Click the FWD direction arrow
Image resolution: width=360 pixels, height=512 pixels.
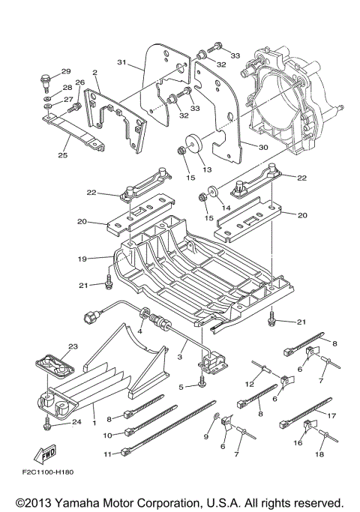click(46, 454)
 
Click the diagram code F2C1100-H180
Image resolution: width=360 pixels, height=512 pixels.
click(48, 472)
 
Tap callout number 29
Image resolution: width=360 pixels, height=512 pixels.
click(66, 71)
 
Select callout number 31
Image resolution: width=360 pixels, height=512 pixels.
click(121, 62)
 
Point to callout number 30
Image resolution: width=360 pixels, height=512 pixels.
click(263, 148)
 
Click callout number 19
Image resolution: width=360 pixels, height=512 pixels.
click(82, 259)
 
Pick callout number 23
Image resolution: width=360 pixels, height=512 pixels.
click(73, 346)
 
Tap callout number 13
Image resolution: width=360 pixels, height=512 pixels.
click(207, 169)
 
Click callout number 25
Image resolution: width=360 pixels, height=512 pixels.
click(63, 155)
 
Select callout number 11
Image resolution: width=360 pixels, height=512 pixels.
click(108, 454)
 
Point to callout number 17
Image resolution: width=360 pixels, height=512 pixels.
click(331, 416)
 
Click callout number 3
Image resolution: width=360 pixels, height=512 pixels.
click(180, 357)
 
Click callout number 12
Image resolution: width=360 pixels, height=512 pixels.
click(249, 384)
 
